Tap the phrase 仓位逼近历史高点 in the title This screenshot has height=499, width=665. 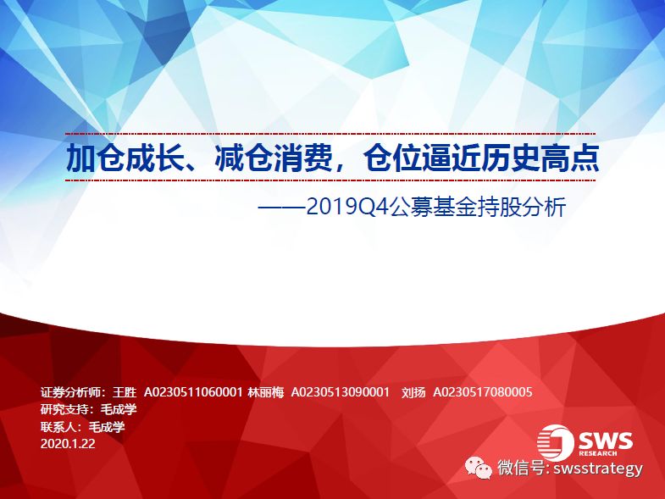click(x=481, y=158)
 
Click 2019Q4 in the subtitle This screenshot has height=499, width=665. click(x=347, y=208)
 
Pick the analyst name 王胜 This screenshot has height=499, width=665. click(x=125, y=392)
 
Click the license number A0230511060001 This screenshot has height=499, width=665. click(x=193, y=392)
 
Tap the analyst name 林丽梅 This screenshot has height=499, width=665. click(x=265, y=392)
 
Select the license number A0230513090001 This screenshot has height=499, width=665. click(x=341, y=392)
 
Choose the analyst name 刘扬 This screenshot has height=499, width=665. click(x=413, y=392)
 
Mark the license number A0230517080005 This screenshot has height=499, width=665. click(x=483, y=392)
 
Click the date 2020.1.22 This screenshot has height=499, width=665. click(x=68, y=444)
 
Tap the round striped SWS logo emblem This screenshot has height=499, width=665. click(x=555, y=442)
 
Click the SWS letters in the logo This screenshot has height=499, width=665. click(x=605, y=441)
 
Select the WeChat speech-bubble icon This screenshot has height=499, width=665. click(x=479, y=469)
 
